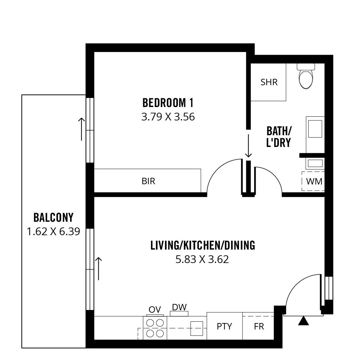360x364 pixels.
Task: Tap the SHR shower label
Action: [269, 82]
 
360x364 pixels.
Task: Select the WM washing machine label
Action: [314, 181]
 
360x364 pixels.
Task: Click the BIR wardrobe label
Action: [148, 181]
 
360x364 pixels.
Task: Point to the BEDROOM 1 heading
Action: [168, 103]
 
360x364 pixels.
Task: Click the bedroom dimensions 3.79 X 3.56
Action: [168, 117]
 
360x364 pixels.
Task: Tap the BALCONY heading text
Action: [53, 217]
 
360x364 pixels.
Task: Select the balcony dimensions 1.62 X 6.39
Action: [53, 231]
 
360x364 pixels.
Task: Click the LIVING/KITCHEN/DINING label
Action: [203, 245]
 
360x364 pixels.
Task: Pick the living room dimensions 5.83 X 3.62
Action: [202, 259]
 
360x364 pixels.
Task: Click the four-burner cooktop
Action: [155, 328]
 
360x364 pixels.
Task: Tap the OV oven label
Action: [155, 309]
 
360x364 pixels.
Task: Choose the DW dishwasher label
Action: [179, 307]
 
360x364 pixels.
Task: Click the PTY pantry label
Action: [224, 326]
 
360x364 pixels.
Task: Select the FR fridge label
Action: [259, 326]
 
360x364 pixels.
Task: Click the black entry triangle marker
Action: [303, 321]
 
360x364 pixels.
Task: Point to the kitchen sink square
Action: [197, 328]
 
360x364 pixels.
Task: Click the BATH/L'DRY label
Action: [278, 137]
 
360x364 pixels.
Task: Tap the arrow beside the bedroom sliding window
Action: [81, 129]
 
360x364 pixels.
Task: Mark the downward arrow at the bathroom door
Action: [248, 146]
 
